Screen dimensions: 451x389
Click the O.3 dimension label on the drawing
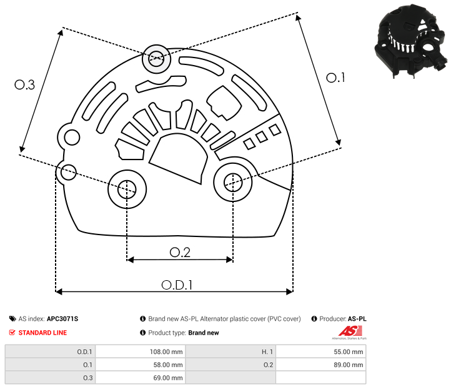tap(25, 84)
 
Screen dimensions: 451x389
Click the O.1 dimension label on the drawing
tap(335, 78)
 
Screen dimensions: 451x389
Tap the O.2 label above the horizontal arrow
tap(180, 253)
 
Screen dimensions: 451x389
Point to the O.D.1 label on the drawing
tap(177, 285)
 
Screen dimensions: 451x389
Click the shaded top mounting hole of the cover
tap(156, 59)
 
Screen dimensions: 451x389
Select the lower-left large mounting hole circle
tap(127, 189)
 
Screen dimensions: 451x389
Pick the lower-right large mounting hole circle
tap(233, 182)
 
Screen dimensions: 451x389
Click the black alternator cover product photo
tap(411, 41)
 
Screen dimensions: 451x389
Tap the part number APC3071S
tap(62, 319)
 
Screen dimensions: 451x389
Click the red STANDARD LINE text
tap(42, 333)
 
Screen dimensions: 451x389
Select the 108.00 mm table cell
tap(141, 351)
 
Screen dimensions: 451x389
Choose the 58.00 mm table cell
tap(141, 365)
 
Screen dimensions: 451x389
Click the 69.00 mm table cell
tap(141, 378)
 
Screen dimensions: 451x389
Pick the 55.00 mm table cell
tap(320, 351)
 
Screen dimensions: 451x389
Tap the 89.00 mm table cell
tap(320, 365)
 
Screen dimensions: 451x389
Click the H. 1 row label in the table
tap(267, 351)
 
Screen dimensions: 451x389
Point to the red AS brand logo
tap(350, 331)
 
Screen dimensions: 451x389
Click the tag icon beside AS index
tap(12, 319)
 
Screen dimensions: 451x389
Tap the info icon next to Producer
tap(314, 319)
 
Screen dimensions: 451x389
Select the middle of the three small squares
tap(262, 137)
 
